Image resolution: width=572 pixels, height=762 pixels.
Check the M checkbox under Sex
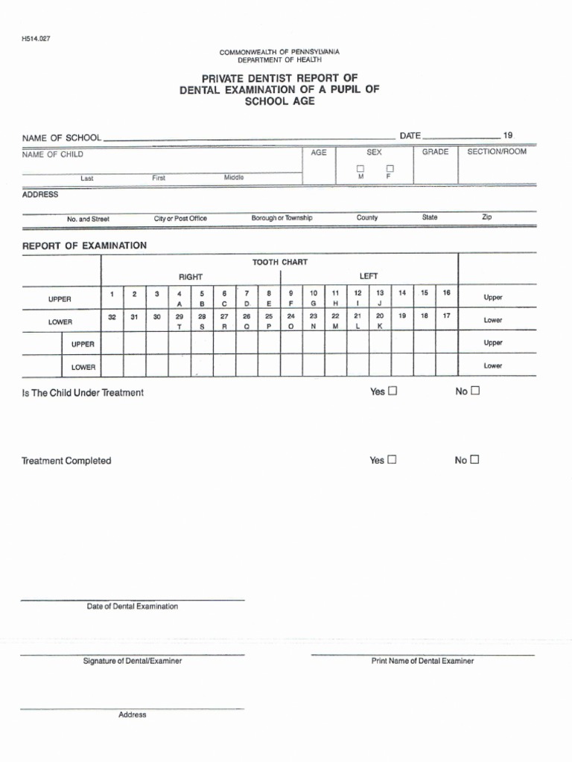tap(360, 169)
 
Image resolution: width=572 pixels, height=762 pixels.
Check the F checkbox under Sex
tap(388, 169)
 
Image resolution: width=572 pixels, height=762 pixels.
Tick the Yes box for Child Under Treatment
tap(393, 391)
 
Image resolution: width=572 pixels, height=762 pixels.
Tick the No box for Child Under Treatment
tap(475, 391)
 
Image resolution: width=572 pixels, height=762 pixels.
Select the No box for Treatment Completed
tap(475, 460)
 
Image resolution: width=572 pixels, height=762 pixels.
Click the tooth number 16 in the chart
tap(446, 293)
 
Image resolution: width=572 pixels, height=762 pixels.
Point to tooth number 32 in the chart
tap(112, 316)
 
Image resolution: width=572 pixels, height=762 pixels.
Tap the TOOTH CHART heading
tap(279, 262)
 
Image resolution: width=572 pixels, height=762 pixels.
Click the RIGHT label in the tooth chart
tap(191, 277)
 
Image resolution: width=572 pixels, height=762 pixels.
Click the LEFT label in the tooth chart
tap(369, 276)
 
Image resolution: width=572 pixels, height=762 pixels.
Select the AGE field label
tap(319, 153)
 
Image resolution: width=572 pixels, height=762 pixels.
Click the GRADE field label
tap(436, 152)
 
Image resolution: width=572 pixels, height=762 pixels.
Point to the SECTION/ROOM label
tap(497, 152)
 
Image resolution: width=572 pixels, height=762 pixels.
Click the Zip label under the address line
tap(486, 217)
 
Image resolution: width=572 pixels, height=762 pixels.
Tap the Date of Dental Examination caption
tap(133, 606)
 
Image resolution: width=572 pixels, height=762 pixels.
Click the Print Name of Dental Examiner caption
tap(422, 661)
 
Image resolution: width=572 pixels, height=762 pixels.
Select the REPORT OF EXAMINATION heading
tap(84, 246)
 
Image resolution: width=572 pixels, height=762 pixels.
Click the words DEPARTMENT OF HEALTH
tap(279, 60)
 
